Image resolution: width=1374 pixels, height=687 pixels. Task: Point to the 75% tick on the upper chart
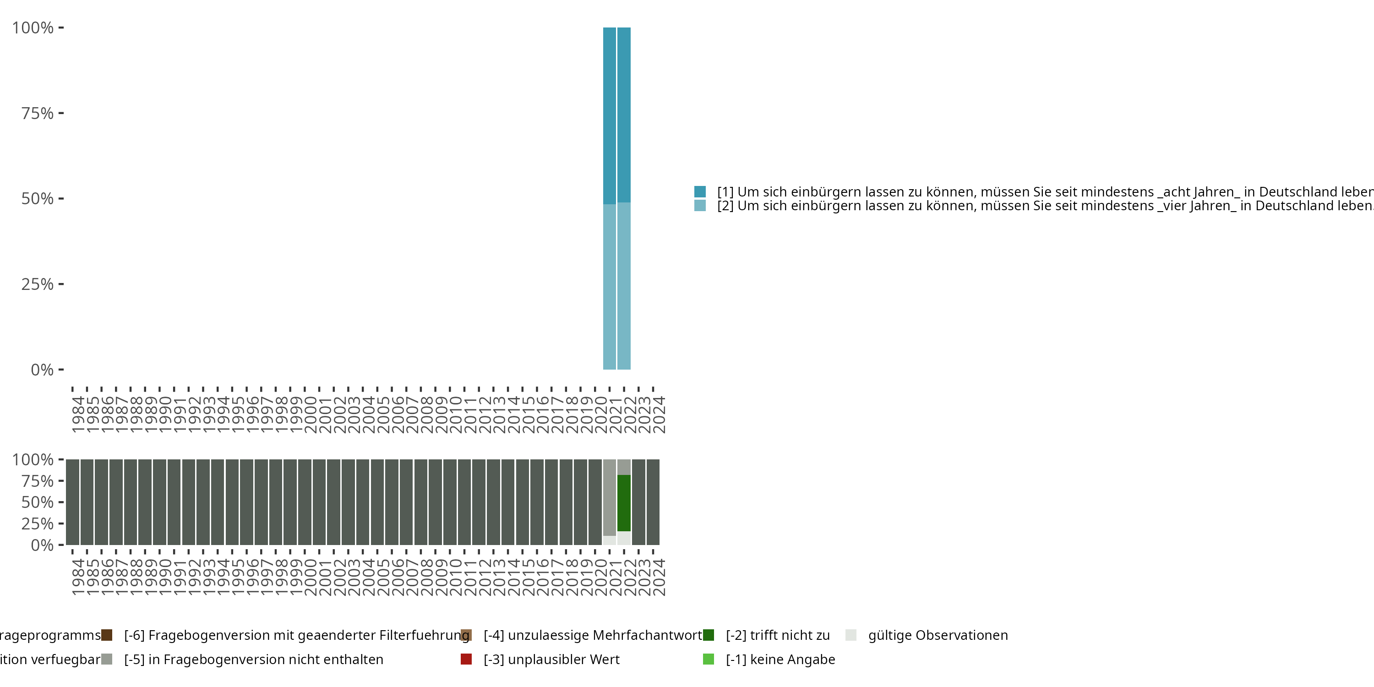point(61,113)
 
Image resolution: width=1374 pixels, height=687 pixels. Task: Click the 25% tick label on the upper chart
point(38,284)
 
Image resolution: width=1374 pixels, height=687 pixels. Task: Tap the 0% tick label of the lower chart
point(42,545)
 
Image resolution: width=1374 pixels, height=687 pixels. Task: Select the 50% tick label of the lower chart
point(38,502)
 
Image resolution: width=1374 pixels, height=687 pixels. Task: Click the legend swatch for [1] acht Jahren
point(700,191)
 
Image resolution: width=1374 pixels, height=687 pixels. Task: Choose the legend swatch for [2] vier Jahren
point(700,205)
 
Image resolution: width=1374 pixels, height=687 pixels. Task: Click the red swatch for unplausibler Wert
point(466,659)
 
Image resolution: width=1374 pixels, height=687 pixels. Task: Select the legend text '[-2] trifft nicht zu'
point(778,635)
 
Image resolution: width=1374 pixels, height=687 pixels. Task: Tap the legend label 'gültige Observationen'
point(938,635)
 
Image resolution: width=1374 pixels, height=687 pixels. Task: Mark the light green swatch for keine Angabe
point(709,659)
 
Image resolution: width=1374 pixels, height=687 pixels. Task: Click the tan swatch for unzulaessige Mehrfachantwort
point(466,635)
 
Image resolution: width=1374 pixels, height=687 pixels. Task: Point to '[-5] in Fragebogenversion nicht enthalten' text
point(253,659)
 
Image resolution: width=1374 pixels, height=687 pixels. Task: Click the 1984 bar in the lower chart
point(72,502)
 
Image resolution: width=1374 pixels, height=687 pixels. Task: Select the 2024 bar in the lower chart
point(653,502)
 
